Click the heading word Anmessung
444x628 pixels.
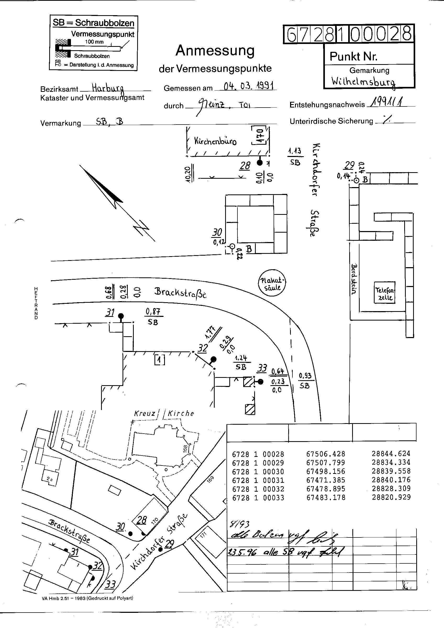[x=215, y=51]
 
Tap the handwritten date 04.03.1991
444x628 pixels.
[x=248, y=86]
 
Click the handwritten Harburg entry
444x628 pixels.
[x=108, y=88]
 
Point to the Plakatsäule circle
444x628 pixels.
[x=272, y=284]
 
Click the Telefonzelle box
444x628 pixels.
[x=385, y=292]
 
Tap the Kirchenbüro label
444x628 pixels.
[x=215, y=141]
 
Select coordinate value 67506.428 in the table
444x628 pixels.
[x=326, y=454]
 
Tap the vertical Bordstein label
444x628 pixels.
[x=354, y=279]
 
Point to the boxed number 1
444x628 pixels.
[x=160, y=360]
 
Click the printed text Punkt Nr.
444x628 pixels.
[x=353, y=57]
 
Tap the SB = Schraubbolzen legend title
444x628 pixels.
[x=93, y=23]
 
